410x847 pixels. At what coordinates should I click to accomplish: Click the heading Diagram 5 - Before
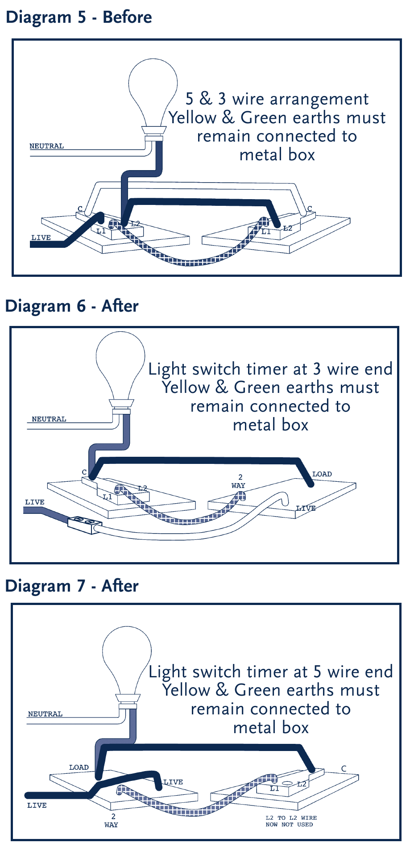(79, 17)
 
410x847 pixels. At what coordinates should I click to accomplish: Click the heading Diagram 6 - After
(71, 306)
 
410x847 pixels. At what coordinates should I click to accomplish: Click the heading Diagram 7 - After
(71, 586)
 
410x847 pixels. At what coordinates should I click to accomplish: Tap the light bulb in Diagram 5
(153, 89)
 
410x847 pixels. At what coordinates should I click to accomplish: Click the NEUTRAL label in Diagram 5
(46, 146)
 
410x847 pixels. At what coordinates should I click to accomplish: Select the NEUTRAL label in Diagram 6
(49, 419)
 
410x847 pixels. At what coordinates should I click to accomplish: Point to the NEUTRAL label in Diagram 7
(45, 714)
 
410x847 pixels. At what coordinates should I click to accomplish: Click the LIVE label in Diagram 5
(41, 238)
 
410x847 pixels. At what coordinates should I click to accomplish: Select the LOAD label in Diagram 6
(322, 474)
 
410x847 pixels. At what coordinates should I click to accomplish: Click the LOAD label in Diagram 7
(79, 767)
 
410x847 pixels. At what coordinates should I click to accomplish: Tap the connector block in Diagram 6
(85, 523)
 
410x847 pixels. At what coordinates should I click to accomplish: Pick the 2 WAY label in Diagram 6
(238, 481)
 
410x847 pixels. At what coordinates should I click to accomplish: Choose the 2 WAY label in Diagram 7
(111, 821)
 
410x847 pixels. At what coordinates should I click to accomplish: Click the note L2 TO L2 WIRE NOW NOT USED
(291, 821)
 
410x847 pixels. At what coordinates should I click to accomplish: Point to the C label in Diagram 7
(344, 768)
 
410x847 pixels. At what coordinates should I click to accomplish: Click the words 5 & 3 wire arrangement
(277, 99)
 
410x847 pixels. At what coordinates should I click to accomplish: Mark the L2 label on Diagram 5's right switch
(288, 228)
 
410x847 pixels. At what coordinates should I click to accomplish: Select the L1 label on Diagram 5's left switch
(101, 231)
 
